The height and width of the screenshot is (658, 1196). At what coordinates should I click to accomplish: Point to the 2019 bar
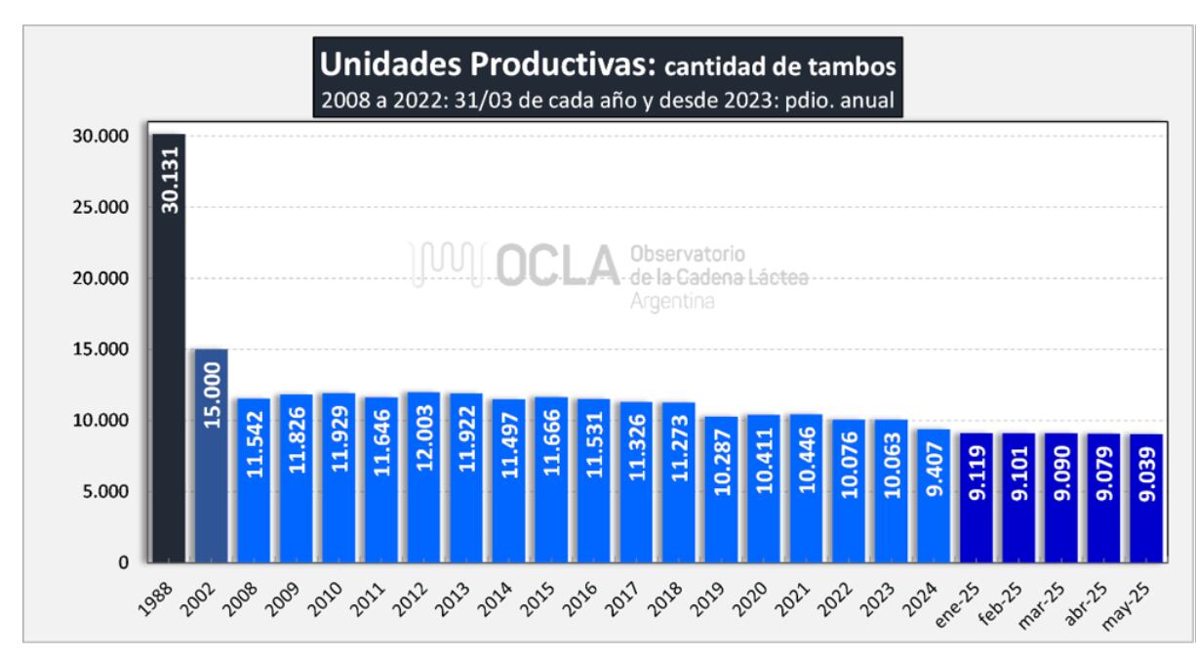(721, 489)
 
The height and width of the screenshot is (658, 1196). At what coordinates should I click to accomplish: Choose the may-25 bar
(1146, 498)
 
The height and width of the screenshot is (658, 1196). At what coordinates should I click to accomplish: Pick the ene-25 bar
(977, 498)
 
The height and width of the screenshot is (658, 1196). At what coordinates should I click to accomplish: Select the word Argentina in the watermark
(673, 302)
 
